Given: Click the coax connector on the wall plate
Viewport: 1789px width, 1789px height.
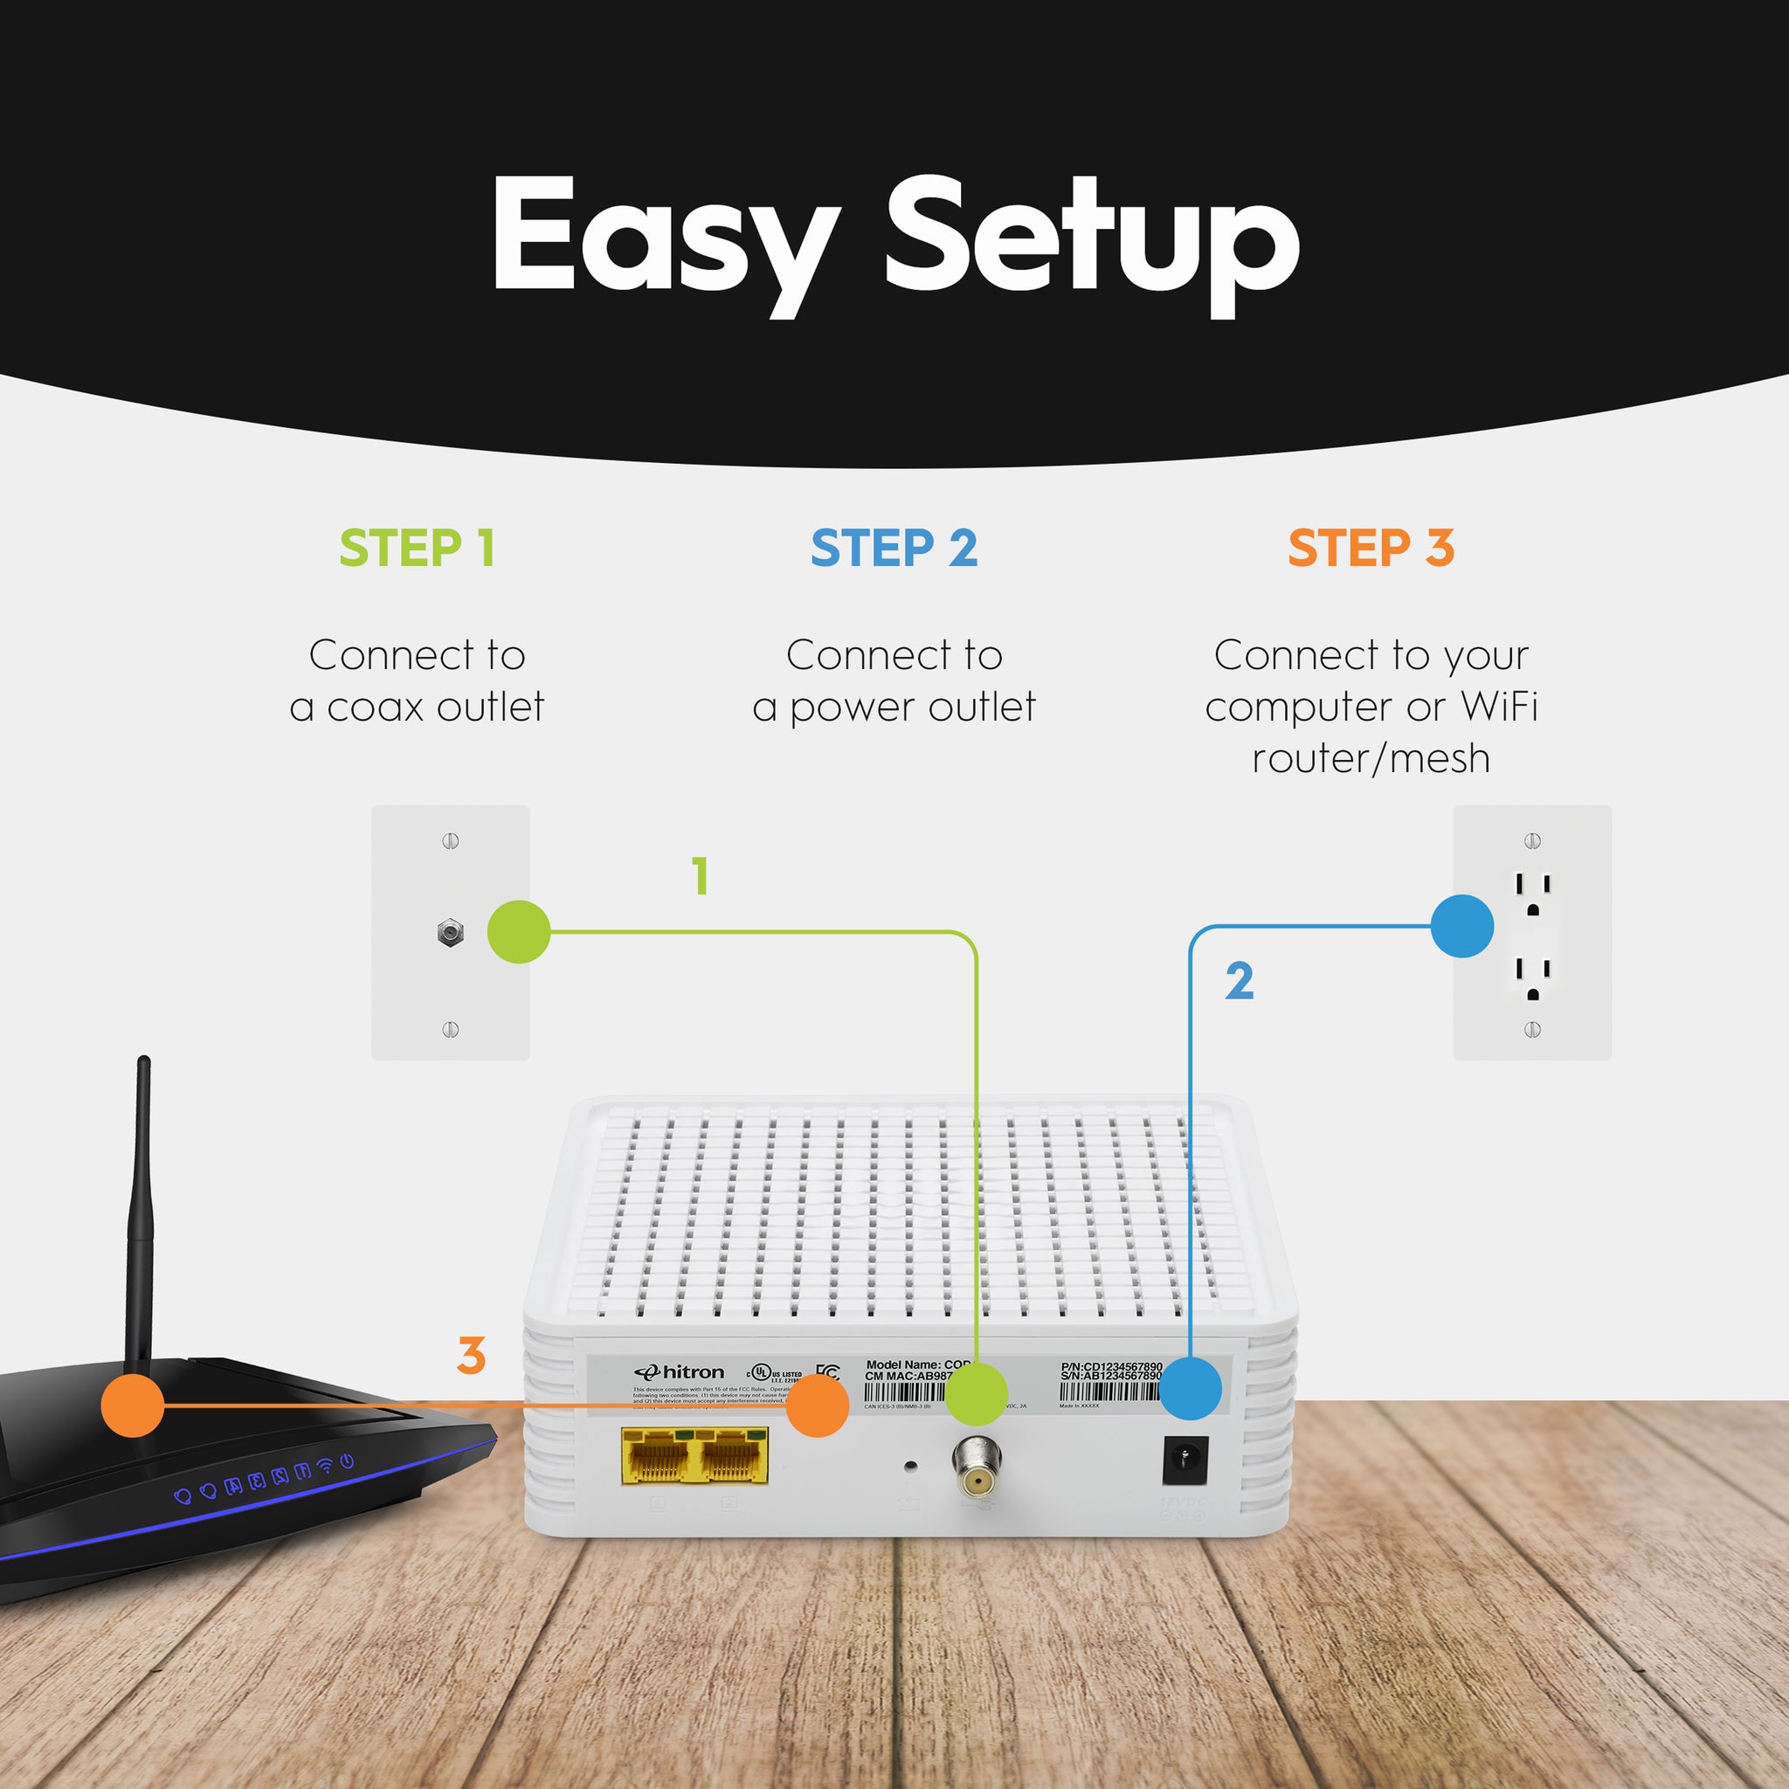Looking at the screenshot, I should (450, 932).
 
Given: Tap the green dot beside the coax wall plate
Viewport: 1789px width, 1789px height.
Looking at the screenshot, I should (519, 931).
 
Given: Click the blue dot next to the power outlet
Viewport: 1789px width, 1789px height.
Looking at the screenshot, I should (1461, 926).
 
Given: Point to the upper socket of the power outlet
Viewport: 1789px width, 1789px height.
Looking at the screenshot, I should (1532, 893).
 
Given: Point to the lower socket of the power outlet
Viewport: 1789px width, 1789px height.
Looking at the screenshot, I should (1532, 977).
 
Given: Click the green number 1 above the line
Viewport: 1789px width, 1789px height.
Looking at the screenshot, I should (701, 876).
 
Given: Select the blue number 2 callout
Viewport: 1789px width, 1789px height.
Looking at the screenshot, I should (1239, 981).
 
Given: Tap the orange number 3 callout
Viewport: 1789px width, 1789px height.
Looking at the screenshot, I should (472, 1356).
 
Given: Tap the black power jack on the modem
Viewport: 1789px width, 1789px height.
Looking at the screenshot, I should (1185, 1461).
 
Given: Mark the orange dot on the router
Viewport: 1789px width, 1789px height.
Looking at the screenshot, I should (133, 1406).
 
